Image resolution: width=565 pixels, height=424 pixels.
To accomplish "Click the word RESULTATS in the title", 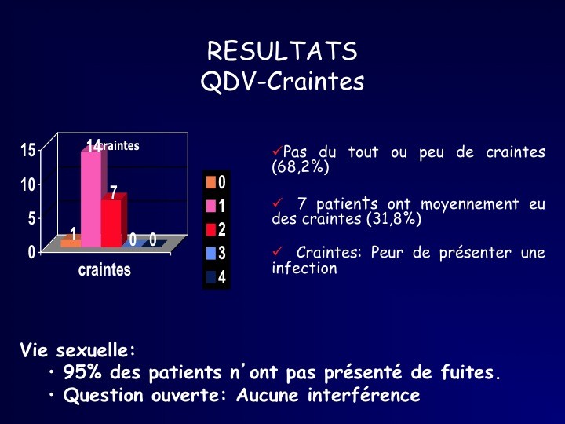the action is (x=282, y=50).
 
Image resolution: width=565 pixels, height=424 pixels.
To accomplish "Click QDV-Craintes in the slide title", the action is (x=282, y=81).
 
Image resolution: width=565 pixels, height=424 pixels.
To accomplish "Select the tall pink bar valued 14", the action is (x=91, y=199).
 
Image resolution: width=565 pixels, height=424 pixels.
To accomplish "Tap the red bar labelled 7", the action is (x=111, y=224).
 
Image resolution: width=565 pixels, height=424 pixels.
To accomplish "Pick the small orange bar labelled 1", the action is (x=71, y=243).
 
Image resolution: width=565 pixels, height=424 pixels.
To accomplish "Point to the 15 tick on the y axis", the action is (x=28, y=150).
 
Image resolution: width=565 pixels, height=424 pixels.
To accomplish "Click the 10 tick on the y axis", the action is (x=28, y=185).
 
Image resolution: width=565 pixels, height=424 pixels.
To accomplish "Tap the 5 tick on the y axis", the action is (x=32, y=218).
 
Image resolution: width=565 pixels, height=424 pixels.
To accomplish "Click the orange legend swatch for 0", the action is (x=211, y=182).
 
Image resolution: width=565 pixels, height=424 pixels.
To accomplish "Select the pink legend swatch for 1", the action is (x=211, y=207).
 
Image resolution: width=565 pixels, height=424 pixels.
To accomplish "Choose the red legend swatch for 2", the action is (x=211, y=229).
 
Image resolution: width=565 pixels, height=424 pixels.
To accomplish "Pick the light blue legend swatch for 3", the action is (x=211, y=254).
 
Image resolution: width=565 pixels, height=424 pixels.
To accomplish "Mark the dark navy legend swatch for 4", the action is (x=211, y=277).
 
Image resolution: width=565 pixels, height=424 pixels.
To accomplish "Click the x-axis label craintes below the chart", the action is (x=104, y=269).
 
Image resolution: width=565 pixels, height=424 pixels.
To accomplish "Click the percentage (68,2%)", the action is (x=301, y=167).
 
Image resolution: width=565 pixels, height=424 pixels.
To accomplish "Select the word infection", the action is (x=304, y=269).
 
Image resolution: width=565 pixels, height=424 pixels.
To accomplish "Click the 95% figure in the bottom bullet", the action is (x=82, y=372).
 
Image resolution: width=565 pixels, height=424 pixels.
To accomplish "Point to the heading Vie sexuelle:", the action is (x=78, y=349).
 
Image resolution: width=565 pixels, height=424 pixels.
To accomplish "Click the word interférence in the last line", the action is (x=363, y=395).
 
